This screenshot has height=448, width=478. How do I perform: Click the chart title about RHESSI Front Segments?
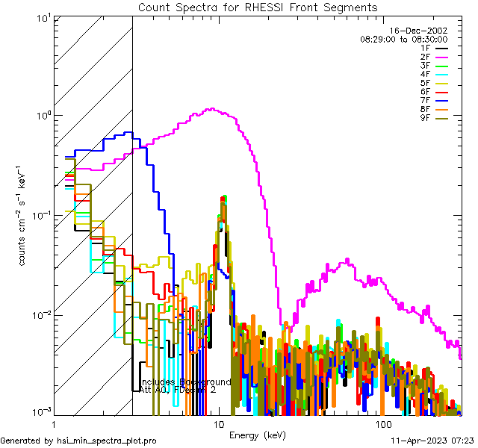[258, 7]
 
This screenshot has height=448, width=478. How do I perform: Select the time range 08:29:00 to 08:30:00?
[403, 39]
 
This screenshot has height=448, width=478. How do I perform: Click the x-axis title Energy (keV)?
[258, 435]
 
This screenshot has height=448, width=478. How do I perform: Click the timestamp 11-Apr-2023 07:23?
[432, 441]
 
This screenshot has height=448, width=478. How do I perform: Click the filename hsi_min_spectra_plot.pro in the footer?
[107, 441]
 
